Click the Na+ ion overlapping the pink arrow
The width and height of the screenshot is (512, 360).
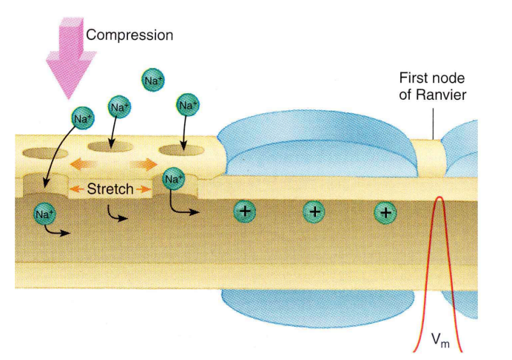coord(82,118)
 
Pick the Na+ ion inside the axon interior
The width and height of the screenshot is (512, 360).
coord(45,214)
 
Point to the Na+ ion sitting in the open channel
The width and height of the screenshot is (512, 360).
coord(172,178)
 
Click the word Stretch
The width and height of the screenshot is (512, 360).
coord(110,189)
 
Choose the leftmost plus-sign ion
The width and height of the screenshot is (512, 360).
coord(245,211)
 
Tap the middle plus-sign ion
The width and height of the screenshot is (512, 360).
coord(314,212)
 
